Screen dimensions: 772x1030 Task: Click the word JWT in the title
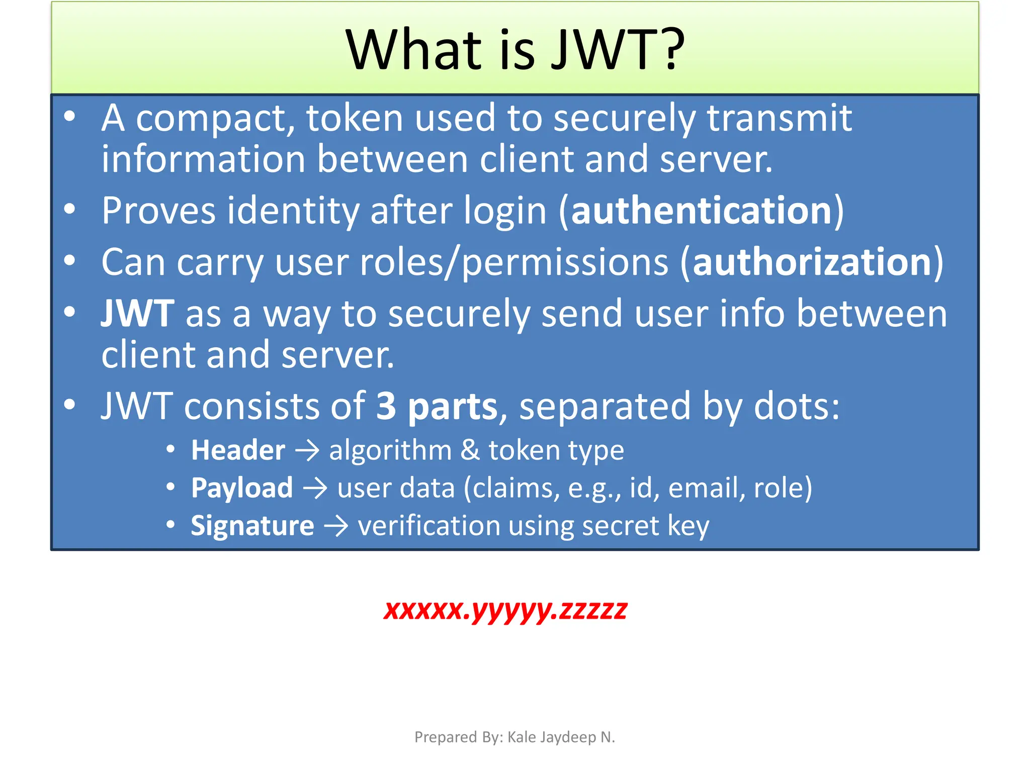[603, 49]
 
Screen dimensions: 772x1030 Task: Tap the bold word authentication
[702, 211]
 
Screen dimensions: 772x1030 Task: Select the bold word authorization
[812, 262]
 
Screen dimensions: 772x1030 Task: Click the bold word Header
[238, 450]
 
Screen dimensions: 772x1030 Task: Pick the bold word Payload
[242, 488]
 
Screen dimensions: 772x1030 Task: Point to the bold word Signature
[252, 526]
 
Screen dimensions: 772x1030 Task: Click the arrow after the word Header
[307, 450]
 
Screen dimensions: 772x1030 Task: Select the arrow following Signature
[336, 526]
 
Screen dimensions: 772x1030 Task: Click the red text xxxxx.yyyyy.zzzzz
[505, 610]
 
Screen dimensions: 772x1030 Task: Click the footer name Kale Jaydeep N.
[561, 737]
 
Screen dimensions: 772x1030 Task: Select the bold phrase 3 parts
[437, 406]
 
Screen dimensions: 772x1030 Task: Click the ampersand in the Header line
[470, 450]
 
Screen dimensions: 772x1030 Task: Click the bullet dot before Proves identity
[70, 209]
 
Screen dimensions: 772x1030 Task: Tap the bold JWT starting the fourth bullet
[137, 314]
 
